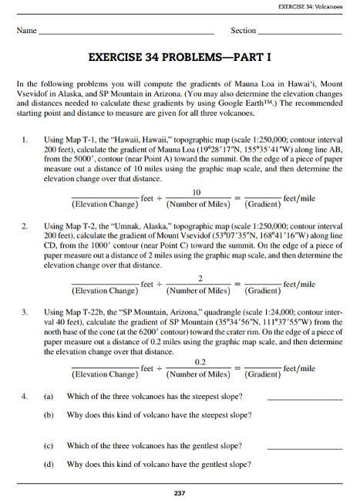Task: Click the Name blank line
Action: [126, 35]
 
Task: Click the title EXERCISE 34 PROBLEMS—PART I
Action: [180, 59]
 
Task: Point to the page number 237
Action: [180, 492]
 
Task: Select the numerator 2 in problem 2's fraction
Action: [200, 278]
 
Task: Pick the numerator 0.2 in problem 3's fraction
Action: [200, 361]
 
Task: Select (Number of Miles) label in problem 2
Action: [200, 291]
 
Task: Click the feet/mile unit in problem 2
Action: [299, 285]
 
